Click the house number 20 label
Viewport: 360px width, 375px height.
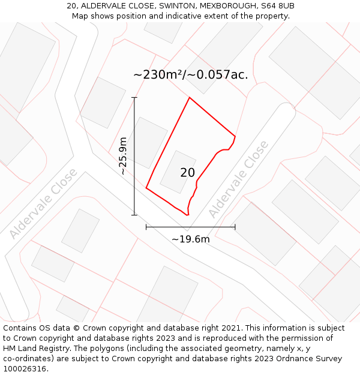(x=187, y=173)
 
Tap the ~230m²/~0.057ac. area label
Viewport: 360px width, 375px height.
(x=190, y=75)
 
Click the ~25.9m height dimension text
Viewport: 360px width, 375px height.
(x=123, y=155)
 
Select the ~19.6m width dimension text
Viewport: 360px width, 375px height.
(x=191, y=239)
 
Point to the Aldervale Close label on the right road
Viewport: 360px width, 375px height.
(x=238, y=179)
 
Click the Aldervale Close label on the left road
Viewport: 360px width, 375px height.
(x=43, y=203)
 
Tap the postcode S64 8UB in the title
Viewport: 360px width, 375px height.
(x=277, y=6)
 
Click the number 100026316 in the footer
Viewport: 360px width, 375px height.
(x=25, y=369)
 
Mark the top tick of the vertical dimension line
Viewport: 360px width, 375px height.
(x=134, y=97)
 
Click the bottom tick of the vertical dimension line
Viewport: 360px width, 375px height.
(x=134, y=214)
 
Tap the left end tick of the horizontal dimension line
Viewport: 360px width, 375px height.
(x=146, y=227)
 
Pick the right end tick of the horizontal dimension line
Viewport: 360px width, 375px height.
(x=235, y=227)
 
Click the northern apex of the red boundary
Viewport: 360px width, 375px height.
(x=190, y=97)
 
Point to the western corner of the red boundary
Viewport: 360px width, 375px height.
(x=146, y=188)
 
